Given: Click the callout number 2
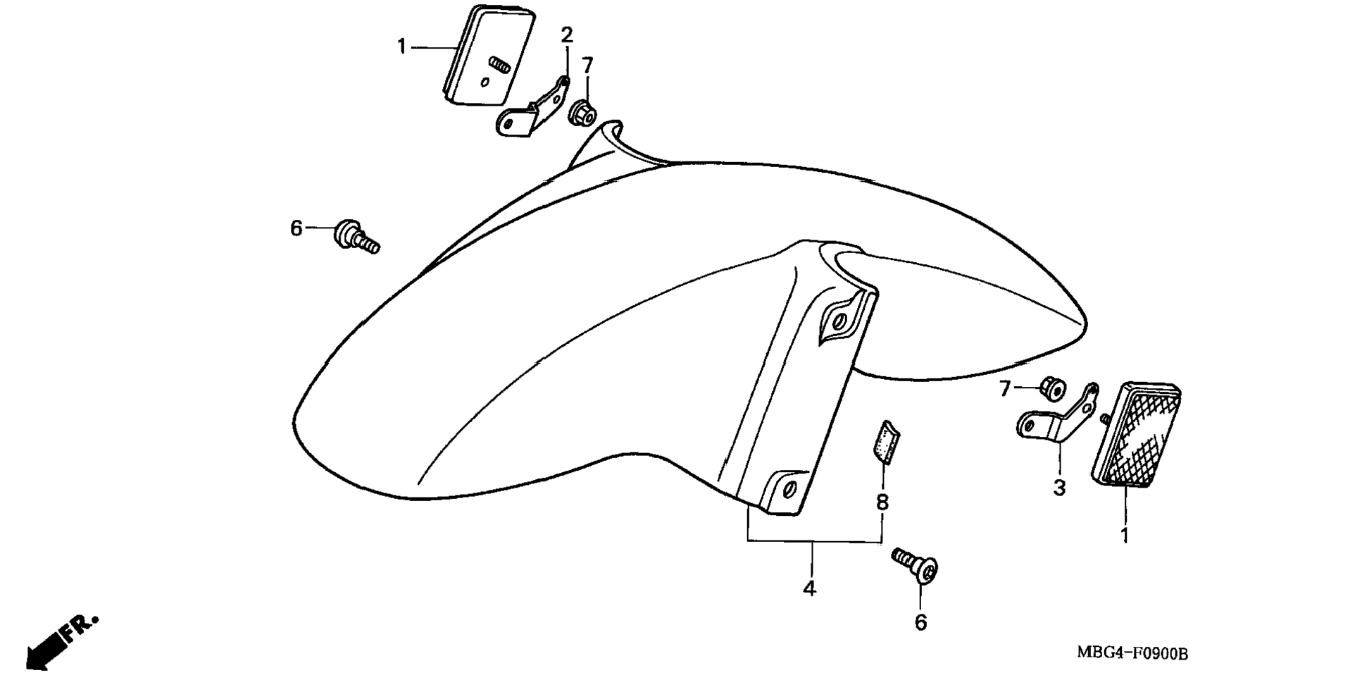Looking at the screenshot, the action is click(567, 34).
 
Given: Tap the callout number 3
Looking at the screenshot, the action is click(1059, 487).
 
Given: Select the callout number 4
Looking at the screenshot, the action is click(810, 588).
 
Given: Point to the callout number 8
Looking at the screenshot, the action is click(882, 502).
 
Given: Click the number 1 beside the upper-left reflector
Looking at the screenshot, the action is click(401, 47).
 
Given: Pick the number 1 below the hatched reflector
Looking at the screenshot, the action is click(1125, 536).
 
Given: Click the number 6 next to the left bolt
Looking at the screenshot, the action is click(296, 228).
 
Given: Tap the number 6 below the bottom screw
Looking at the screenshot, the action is click(921, 622).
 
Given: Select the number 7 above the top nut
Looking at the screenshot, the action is click(588, 66).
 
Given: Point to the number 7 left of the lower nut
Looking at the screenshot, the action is click(1006, 388).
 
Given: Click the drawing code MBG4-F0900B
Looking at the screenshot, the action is click(1132, 653).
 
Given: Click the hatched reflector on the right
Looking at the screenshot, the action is click(1137, 435).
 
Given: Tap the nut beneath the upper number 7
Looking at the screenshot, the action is click(582, 113).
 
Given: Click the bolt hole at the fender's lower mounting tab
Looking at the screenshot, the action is click(787, 488).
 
